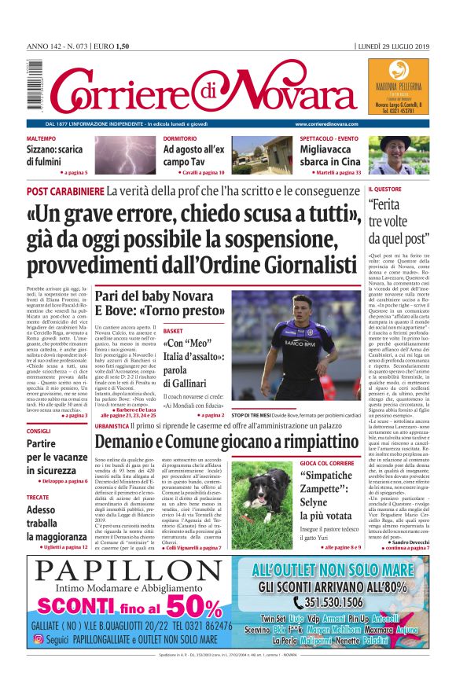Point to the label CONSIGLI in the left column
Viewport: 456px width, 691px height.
click(39, 431)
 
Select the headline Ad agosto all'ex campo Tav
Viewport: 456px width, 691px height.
click(194, 155)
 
